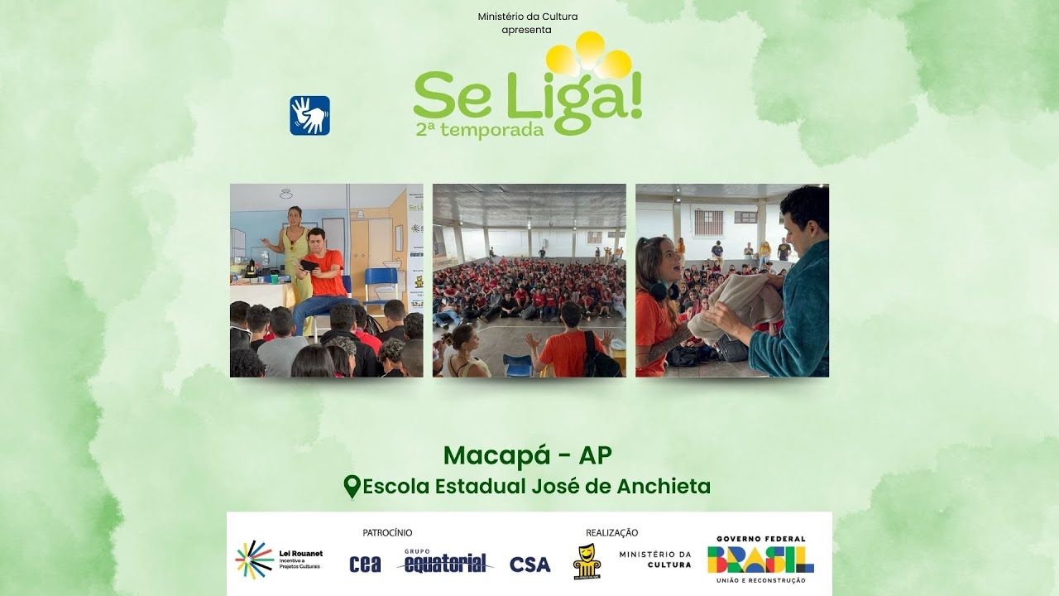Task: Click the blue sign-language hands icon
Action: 309,115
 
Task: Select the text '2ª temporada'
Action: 480,129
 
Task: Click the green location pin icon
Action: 352,486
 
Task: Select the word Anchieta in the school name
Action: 663,486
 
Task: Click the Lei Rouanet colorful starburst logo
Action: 254,560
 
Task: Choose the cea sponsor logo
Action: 365,564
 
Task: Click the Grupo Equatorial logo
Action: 445,562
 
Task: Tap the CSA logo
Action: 529,564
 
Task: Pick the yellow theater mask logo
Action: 587,562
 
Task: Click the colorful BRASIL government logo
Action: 760,559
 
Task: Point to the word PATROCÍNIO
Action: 387,532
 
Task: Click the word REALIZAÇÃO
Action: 611,532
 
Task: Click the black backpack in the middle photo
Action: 599,357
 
